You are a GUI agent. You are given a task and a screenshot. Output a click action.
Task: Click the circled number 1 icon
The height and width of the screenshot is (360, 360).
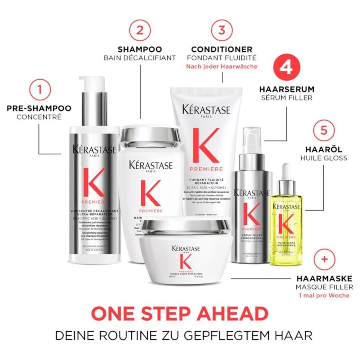pyautogui.click(x=39, y=90)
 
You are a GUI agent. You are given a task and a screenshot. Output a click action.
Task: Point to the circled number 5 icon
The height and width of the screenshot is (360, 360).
pyautogui.click(x=324, y=131)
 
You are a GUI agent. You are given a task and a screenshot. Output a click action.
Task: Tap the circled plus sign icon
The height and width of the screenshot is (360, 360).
pyautogui.click(x=324, y=259)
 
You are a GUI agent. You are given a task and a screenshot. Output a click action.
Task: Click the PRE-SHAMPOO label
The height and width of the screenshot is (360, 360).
pyautogui.click(x=39, y=108)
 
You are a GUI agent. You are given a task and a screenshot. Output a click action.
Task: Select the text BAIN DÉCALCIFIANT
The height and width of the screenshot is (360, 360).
pyautogui.click(x=140, y=58)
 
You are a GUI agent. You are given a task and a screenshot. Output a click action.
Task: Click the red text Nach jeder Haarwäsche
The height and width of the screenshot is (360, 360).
pyautogui.click(x=222, y=67)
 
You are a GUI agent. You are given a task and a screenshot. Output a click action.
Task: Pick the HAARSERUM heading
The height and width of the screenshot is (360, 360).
pyautogui.click(x=286, y=89)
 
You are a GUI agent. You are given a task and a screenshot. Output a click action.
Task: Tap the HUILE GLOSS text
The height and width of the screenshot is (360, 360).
pyautogui.click(x=324, y=158)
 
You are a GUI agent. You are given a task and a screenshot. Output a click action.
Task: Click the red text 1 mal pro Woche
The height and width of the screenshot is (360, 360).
pyautogui.click(x=324, y=296)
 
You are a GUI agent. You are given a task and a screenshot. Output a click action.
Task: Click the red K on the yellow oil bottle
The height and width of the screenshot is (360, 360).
pyautogui.click(x=286, y=225)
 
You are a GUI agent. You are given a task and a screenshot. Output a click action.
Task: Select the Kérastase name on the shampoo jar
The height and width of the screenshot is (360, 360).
pyautogui.click(x=150, y=165)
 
